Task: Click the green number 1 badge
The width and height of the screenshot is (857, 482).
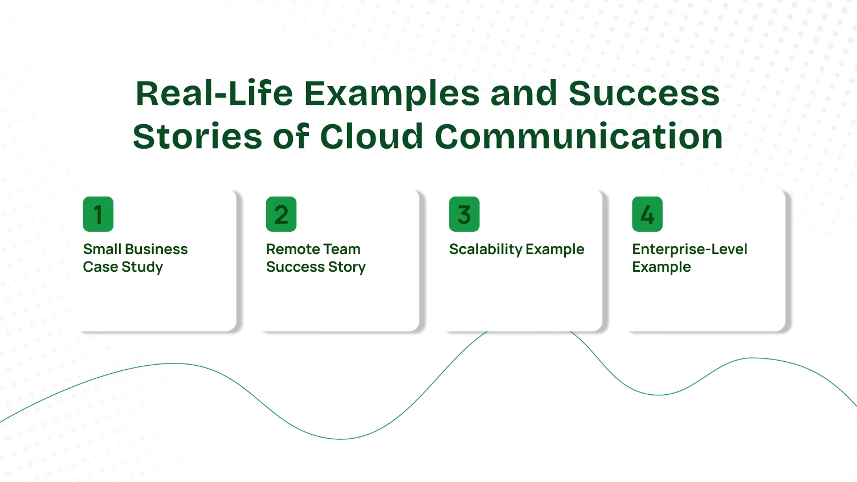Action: click(98, 214)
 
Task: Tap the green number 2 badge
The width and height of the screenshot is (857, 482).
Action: click(281, 214)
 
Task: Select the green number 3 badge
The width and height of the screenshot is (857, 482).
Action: click(464, 214)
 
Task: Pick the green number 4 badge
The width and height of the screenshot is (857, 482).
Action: click(647, 214)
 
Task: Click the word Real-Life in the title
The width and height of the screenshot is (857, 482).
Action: click(214, 93)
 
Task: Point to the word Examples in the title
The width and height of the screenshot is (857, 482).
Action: click(392, 93)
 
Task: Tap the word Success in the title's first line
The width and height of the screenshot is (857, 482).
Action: click(644, 93)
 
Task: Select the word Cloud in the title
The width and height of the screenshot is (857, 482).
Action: click(372, 137)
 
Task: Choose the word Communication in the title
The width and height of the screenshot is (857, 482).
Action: click(578, 137)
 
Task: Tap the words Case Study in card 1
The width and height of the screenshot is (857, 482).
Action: click(123, 267)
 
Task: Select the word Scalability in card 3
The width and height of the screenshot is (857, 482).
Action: click(485, 250)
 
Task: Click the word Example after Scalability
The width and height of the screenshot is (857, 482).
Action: click(555, 250)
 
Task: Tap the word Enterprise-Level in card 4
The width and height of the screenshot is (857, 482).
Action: click(689, 249)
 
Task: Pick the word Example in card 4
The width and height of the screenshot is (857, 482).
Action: click(661, 267)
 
